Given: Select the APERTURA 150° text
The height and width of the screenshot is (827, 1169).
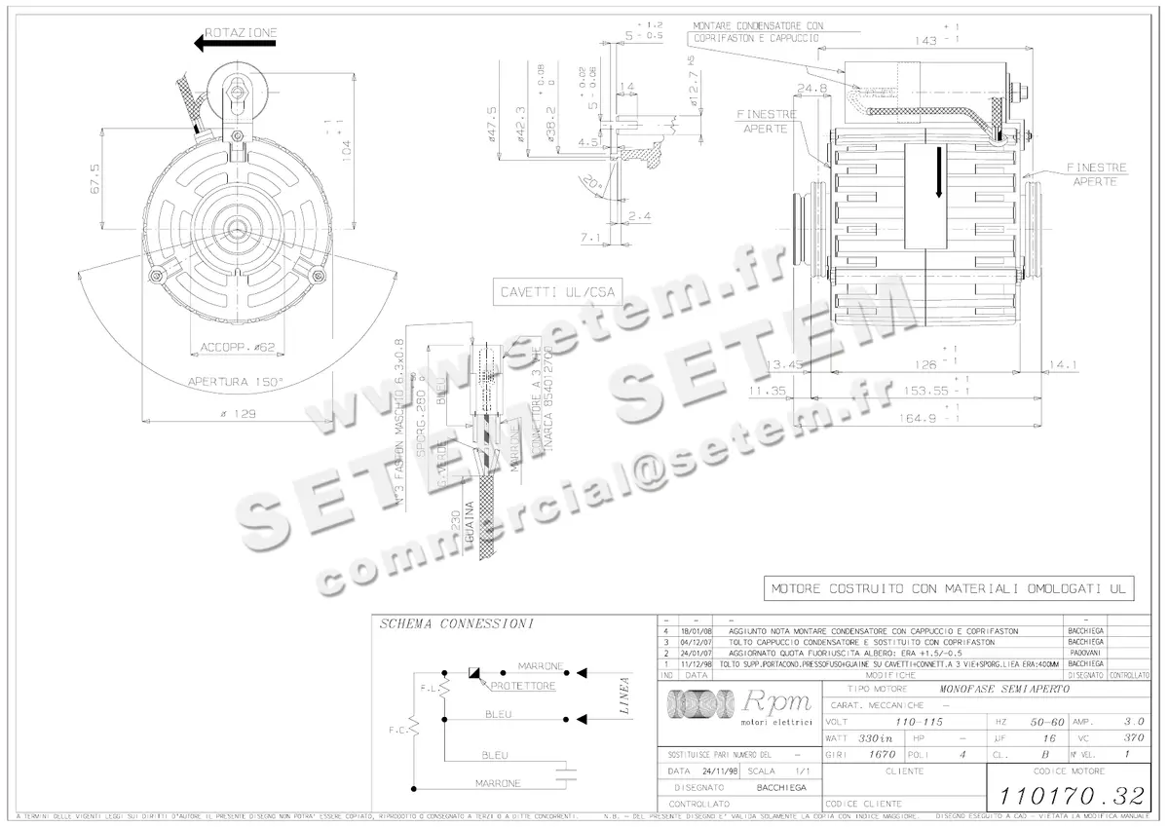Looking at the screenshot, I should click(x=237, y=382).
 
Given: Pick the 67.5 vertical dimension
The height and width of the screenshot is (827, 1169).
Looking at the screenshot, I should click(x=94, y=178).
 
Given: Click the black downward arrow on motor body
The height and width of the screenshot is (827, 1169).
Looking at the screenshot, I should click(x=939, y=172).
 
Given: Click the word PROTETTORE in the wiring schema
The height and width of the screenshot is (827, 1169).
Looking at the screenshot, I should click(x=524, y=686).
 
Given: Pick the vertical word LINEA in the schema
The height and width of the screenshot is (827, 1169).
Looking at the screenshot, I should click(x=624, y=695).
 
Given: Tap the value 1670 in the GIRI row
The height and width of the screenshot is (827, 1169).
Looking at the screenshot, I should click(x=883, y=755).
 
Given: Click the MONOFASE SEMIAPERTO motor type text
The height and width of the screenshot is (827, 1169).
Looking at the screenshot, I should click(x=1003, y=689).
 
